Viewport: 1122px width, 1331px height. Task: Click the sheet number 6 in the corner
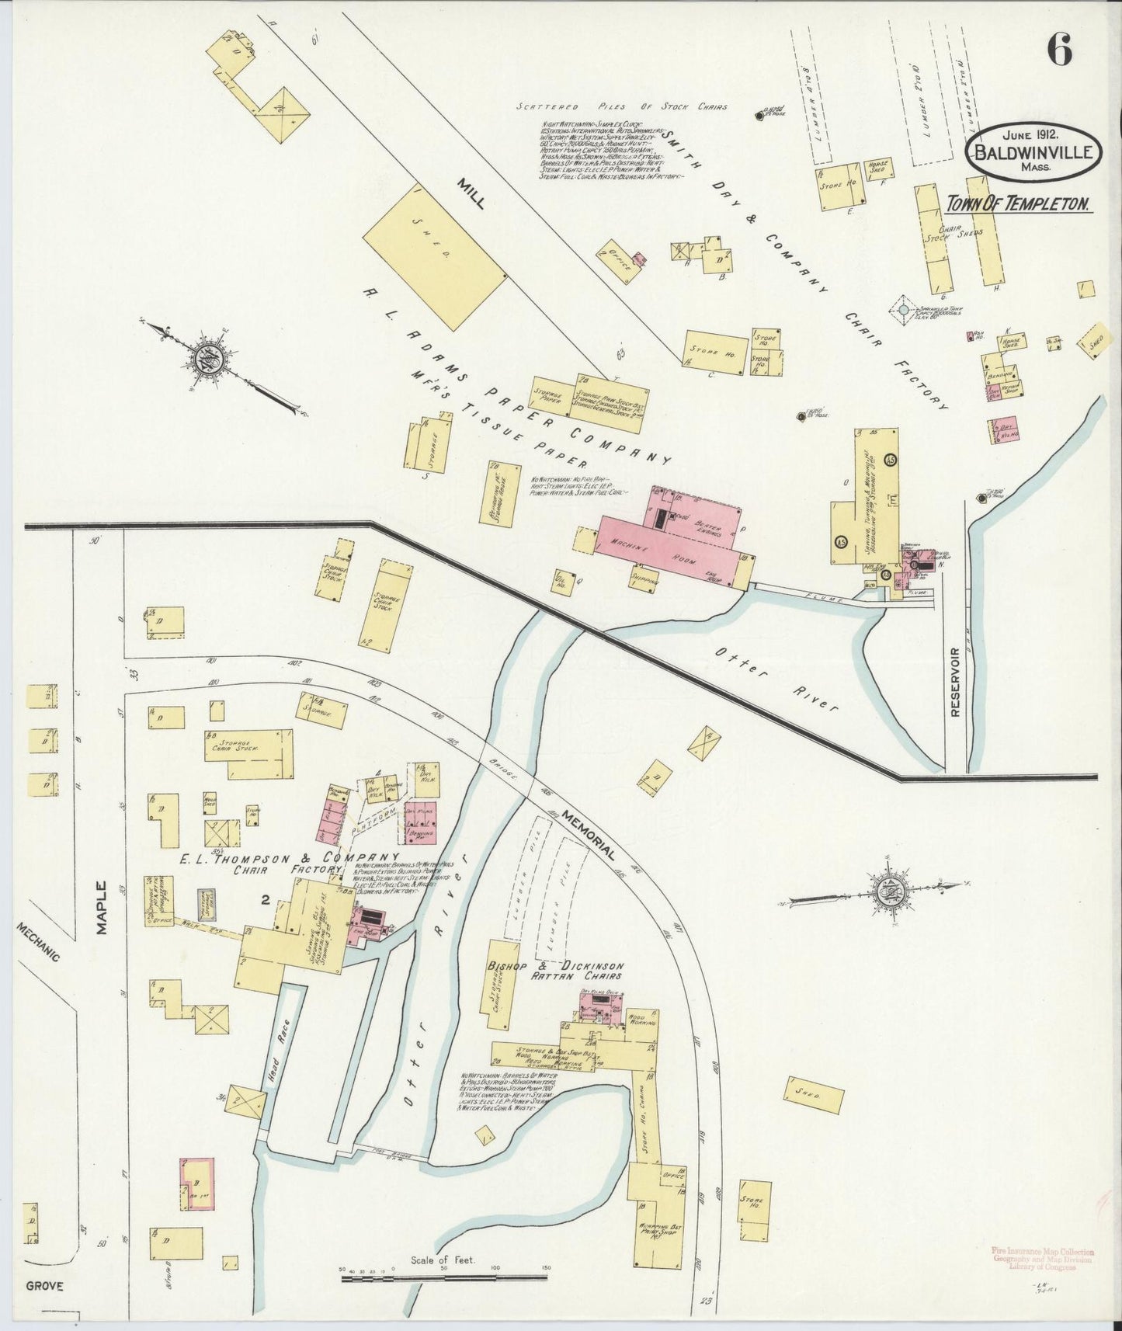coord(1059,51)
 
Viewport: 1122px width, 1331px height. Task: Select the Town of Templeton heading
coord(1018,204)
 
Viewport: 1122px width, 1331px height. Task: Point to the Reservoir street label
coord(955,681)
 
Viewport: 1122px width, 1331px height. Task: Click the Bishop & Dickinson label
coord(555,966)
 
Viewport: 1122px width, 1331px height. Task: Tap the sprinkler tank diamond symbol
coord(903,311)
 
